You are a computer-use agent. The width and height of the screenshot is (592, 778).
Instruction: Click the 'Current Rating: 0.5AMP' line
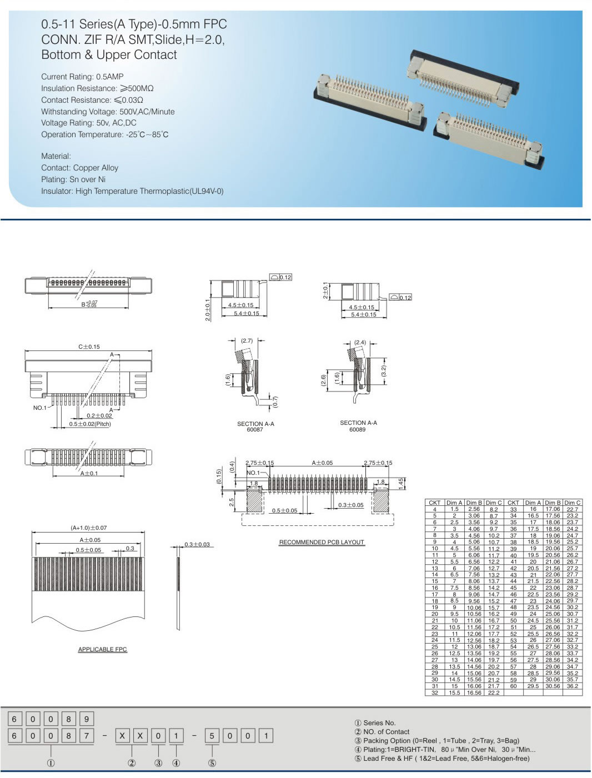pos(82,77)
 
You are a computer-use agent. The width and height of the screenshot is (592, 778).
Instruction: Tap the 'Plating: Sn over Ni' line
pos(73,179)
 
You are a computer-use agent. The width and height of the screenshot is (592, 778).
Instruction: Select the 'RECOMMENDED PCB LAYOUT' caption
pos(322,542)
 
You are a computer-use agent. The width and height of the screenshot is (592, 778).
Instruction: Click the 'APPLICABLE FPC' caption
pos(103,649)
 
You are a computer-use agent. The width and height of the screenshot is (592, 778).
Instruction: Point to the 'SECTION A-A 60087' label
pos(255,426)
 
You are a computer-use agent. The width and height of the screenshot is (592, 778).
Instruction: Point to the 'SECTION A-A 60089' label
pos(358,426)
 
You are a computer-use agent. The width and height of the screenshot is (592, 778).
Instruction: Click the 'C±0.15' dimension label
pos(89,347)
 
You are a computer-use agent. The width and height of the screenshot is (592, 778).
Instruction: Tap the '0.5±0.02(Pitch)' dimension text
pos(90,424)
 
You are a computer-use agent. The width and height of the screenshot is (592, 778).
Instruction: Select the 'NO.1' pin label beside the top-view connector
pos(40,408)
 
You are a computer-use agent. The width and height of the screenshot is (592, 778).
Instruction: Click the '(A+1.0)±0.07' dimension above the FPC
pos(89,528)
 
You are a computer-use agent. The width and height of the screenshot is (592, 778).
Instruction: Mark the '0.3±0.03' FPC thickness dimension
pos(197,544)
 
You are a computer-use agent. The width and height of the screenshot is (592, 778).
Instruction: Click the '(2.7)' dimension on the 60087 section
pos(247,341)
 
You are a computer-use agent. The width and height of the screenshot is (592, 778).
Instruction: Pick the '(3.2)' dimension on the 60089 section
pos(384,370)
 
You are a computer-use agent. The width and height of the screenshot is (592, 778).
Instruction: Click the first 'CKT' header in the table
pos(434,503)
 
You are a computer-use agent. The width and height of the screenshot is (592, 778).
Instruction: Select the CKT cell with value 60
pos(513,686)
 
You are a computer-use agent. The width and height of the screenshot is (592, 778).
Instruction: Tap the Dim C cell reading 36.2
pos(572,686)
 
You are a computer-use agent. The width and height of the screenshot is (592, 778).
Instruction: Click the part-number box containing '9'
pos(86,719)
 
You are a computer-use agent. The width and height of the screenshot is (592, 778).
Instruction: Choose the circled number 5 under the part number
pos(212,763)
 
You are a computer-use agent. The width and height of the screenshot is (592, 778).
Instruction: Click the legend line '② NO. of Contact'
pos(382,732)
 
